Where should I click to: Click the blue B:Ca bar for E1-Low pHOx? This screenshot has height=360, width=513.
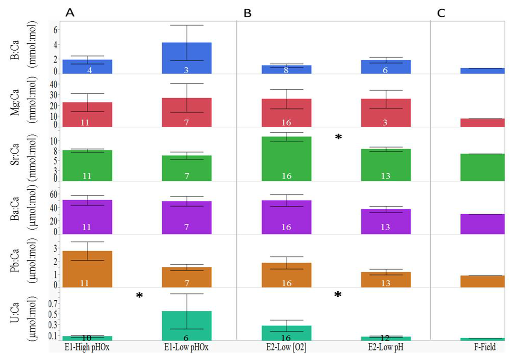pyautogui.click(x=186, y=58)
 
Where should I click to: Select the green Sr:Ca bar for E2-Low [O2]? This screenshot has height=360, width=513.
pyautogui.click(x=286, y=158)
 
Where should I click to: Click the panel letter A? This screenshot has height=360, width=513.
pyautogui.click(x=70, y=13)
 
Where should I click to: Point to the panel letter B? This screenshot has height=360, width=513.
pyautogui.click(x=247, y=13)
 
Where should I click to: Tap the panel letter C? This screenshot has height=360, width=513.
pyautogui.click(x=441, y=13)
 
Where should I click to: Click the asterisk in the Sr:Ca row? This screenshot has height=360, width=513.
pyautogui.click(x=338, y=137)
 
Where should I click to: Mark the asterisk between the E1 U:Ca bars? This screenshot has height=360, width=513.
pyautogui.click(x=140, y=296)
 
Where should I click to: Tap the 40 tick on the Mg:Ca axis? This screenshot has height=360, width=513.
pyautogui.click(x=47, y=84)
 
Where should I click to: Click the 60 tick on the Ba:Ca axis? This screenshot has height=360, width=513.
pyautogui.click(x=47, y=193)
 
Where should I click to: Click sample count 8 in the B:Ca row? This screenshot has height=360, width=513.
pyautogui.click(x=286, y=70)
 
